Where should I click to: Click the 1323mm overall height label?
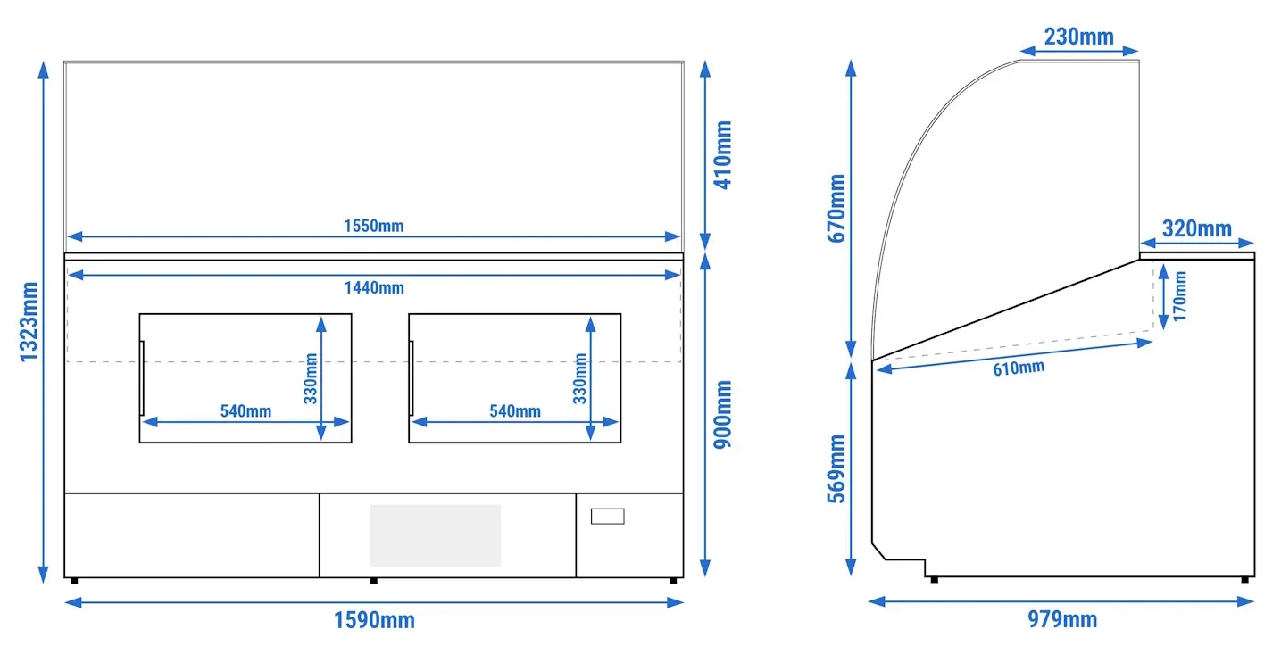coord(29,322)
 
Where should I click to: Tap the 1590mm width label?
coord(374,620)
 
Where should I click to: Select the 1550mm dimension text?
coord(373,226)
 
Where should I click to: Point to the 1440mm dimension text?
coord(374,287)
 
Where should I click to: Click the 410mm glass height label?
coord(723,155)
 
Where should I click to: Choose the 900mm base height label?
coord(723,415)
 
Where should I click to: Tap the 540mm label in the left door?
coord(245,411)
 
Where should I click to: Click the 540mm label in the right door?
coord(515,411)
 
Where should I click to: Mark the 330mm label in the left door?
coord(311,378)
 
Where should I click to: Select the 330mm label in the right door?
coord(580,378)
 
